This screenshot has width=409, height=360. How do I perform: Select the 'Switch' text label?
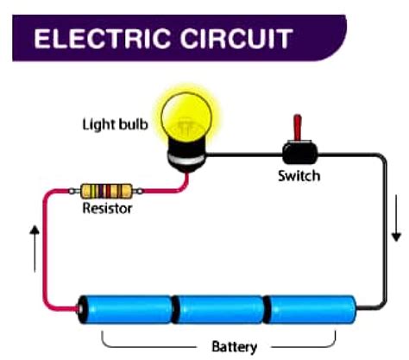(299, 176)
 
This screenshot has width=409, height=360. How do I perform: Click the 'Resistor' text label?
(108, 209)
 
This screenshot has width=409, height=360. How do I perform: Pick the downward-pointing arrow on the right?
(396, 228)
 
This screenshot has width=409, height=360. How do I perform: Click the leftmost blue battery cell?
(129, 309)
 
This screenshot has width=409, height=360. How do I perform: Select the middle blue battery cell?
(219, 309)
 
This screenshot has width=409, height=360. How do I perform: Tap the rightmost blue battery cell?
(309, 309)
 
